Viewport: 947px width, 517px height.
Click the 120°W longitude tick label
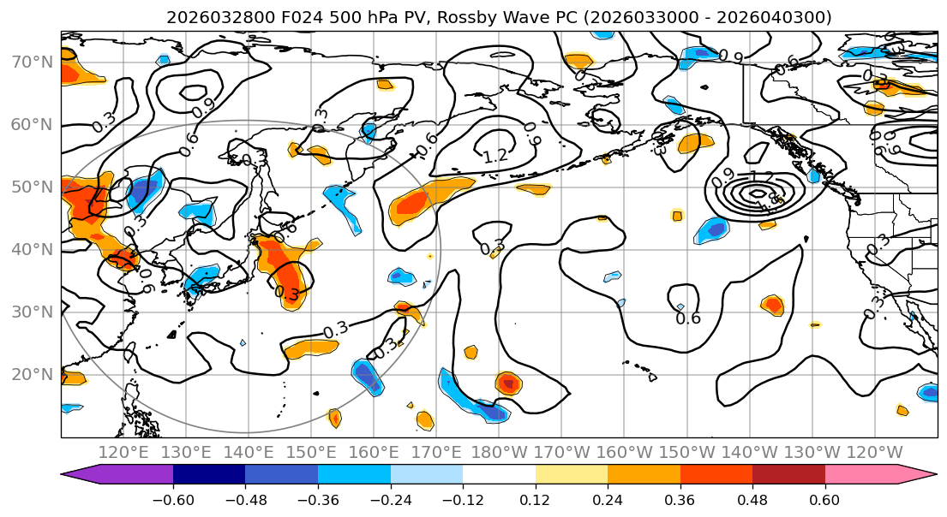(875, 452)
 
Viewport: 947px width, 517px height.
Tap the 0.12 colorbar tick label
(536, 498)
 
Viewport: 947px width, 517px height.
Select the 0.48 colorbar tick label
(752, 498)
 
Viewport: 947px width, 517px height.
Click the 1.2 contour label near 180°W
(495, 157)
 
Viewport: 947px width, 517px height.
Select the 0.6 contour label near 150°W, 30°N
(689, 318)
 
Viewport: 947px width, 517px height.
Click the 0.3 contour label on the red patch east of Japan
(287, 294)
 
